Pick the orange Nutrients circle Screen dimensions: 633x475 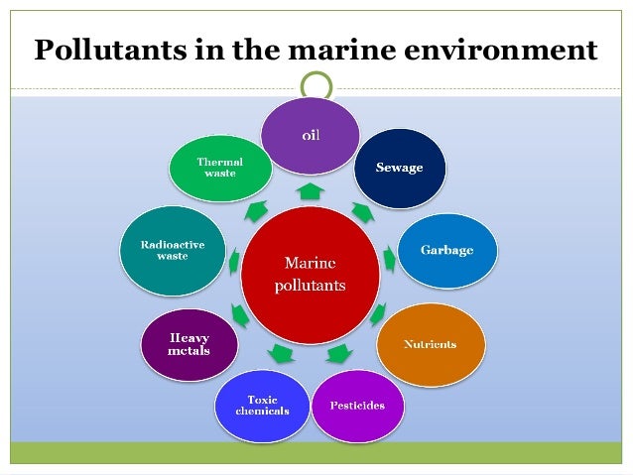430,345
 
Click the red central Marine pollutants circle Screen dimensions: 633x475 311,275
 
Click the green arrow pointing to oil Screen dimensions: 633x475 311,190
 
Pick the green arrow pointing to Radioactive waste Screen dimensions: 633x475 232,262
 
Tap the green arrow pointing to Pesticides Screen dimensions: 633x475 337,353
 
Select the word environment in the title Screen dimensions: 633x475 506,50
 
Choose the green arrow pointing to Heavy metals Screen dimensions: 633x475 241,316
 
